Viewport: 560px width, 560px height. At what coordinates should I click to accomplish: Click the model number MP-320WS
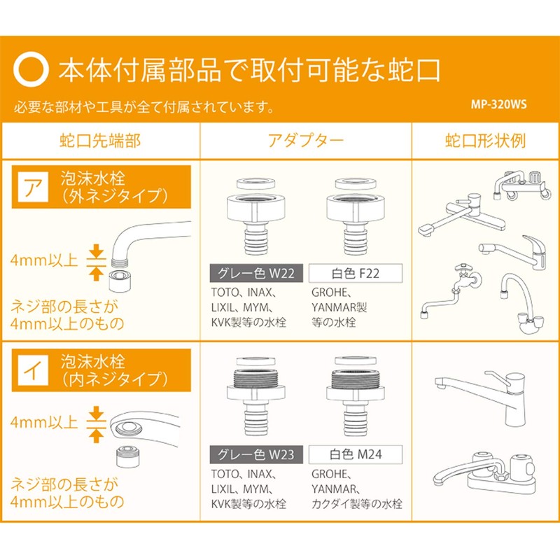498,104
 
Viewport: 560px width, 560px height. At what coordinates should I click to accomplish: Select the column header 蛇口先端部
100,141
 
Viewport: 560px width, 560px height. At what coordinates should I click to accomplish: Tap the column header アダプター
306,141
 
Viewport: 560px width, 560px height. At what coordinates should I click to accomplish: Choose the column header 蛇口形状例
485,141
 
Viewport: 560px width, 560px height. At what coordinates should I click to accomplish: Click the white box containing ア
33,187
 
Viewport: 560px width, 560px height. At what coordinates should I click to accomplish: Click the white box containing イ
33,370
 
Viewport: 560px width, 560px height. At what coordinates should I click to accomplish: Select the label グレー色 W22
256,273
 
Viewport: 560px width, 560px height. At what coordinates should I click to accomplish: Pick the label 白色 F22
356,273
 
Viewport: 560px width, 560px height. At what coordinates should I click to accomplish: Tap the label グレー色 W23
256,454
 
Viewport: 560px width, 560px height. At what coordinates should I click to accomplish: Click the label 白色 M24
356,454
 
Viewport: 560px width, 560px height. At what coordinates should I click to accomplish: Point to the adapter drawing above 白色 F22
356,217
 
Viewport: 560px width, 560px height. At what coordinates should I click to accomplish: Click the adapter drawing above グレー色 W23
256,395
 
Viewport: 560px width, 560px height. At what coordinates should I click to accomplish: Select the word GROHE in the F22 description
329,293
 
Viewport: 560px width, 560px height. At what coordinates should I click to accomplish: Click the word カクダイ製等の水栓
357,503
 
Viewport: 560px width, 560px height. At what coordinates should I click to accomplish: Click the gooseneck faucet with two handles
521,303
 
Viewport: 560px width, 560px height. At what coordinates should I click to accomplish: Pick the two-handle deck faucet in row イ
484,472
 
